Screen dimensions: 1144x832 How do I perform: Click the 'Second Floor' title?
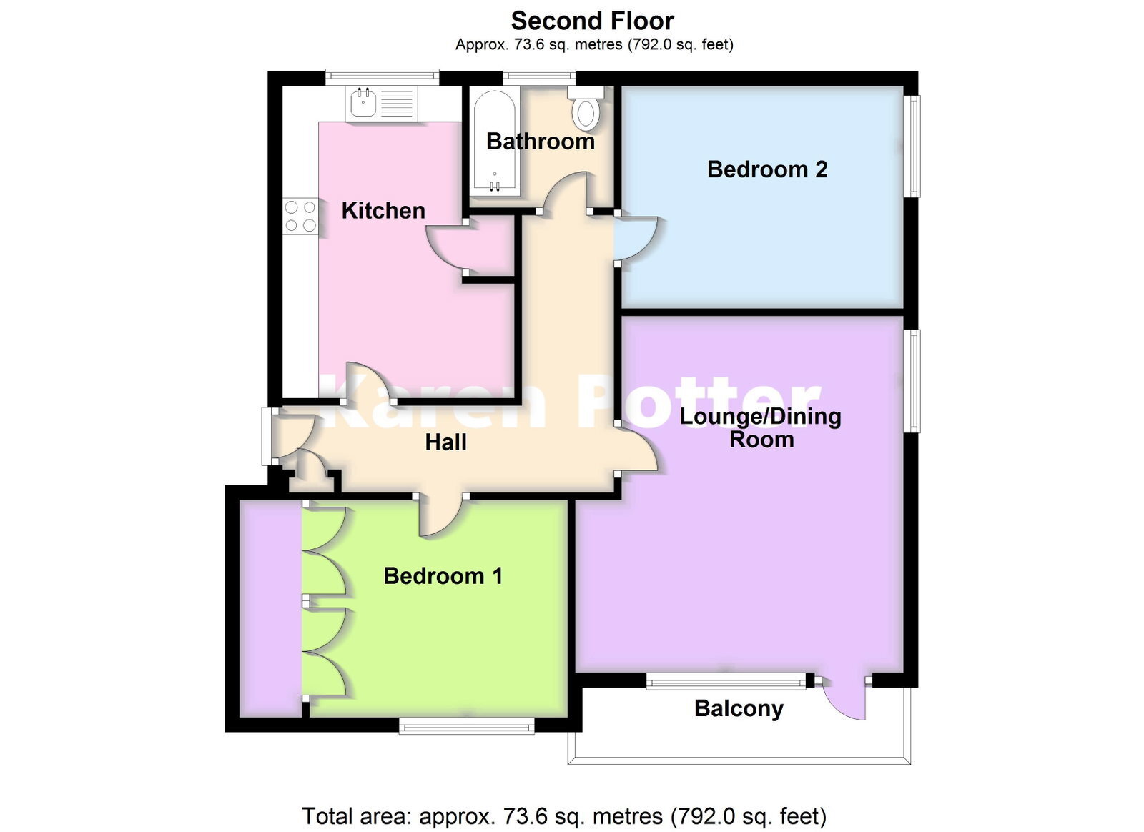click(x=593, y=21)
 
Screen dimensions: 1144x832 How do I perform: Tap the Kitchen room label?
click(x=383, y=210)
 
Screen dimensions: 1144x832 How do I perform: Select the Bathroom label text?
click(x=541, y=142)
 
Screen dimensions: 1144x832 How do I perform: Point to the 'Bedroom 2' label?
click(x=767, y=169)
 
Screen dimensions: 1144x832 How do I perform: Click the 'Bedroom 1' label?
click(x=443, y=576)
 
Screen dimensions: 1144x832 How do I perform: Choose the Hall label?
click(x=446, y=442)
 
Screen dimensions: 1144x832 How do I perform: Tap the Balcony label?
click(x=739, y=709)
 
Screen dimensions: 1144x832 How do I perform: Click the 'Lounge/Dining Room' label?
click(x=761, y=427)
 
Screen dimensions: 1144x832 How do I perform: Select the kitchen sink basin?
click(x=364, y=104)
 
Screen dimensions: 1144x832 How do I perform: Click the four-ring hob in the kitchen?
click(x=301, y=216)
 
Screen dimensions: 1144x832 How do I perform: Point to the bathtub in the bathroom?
click(x=494, y=143)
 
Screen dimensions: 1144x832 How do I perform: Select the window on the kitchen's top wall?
click(x=383, y=76)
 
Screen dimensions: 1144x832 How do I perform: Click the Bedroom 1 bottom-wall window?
click(x=466, y=725)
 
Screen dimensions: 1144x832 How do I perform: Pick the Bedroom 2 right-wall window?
click(x=912, y=146)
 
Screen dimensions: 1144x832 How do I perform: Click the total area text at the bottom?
click(x=564, y=816)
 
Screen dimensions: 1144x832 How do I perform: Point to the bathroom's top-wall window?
click(x=539, y=76)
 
